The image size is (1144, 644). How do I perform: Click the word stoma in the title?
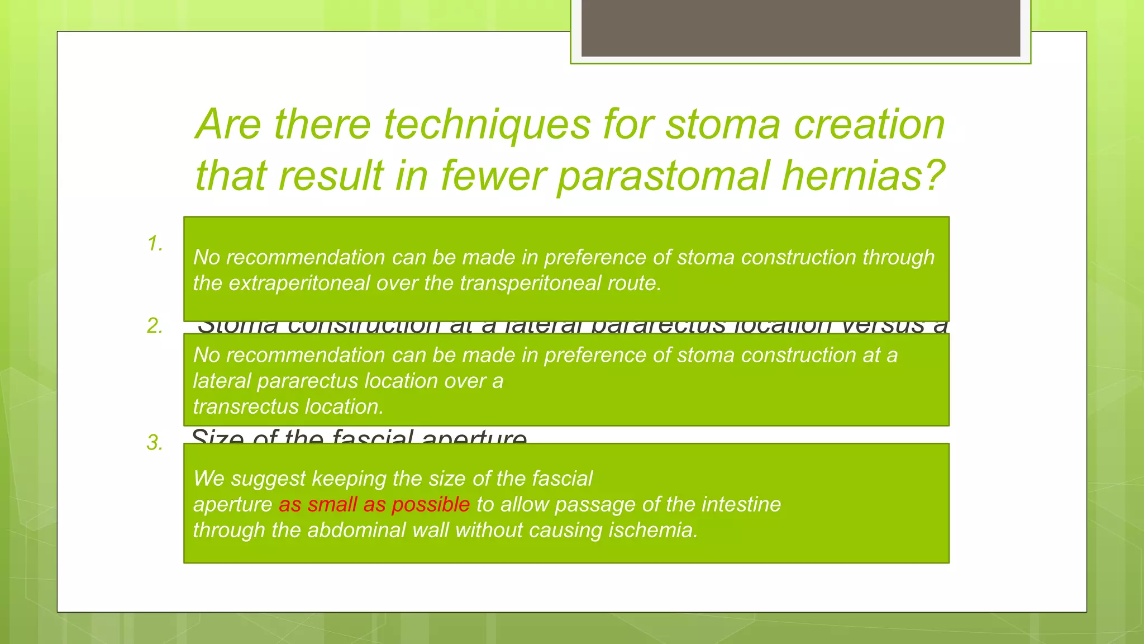(x=723, y=124)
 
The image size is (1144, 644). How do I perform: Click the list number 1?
(x=155, y=244)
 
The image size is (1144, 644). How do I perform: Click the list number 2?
(x=155, y=326)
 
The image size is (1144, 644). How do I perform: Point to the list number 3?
(x=155, y=443)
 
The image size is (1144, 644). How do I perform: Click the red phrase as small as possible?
(x=374, y=504)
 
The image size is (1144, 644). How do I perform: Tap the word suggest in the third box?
(x=268, y=479)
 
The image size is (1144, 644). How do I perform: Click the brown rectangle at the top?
(x=800, y=28)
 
